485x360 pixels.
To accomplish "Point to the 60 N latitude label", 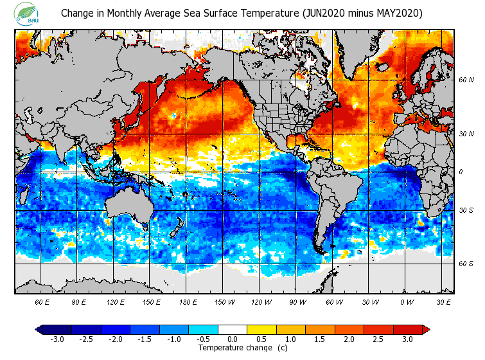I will pos(466,80).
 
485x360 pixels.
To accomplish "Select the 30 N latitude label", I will pos(466,134).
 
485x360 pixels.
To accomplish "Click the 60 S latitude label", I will pos(466,264).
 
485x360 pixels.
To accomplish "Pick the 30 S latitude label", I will pos(466,211).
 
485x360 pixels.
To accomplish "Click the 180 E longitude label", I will pos(188,301).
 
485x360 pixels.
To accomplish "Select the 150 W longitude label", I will pos(224,301).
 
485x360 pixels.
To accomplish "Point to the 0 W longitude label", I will pos(406,301).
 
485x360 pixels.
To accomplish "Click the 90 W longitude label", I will pos(297,301).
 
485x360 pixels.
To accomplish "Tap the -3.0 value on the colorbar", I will pos(57,339).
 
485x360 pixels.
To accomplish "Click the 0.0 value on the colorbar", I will pos(233,339).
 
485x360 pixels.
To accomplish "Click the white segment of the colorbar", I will pos(233,330).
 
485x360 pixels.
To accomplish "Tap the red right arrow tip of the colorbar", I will pos(426,330).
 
